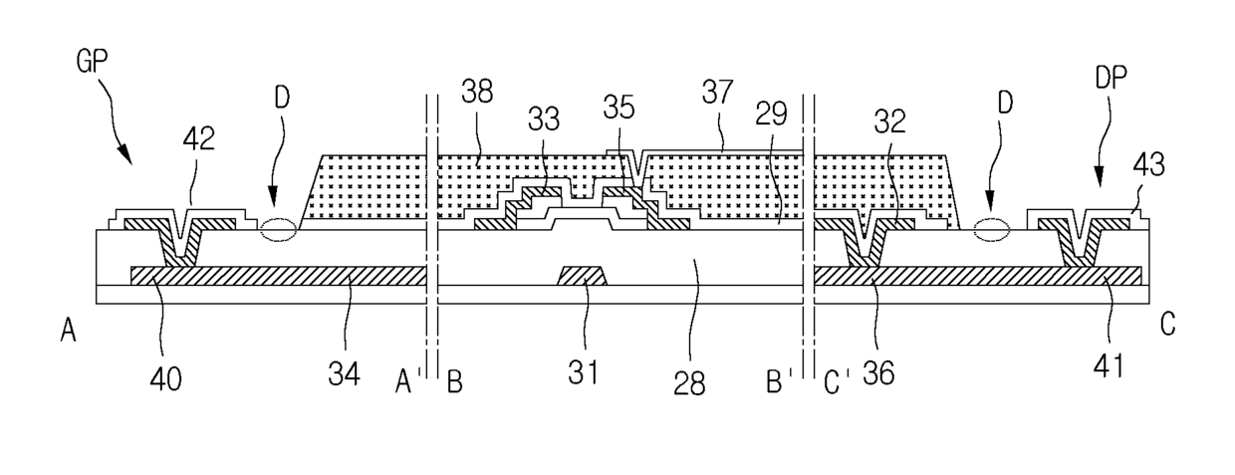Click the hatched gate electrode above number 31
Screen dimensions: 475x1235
[583, 275]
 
